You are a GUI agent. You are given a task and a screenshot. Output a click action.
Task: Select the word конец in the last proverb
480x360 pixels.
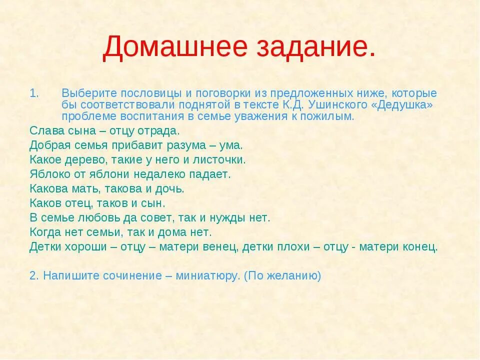[x=420, y=246]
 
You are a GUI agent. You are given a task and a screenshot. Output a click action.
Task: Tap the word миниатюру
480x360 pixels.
[x=207, y=276]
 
